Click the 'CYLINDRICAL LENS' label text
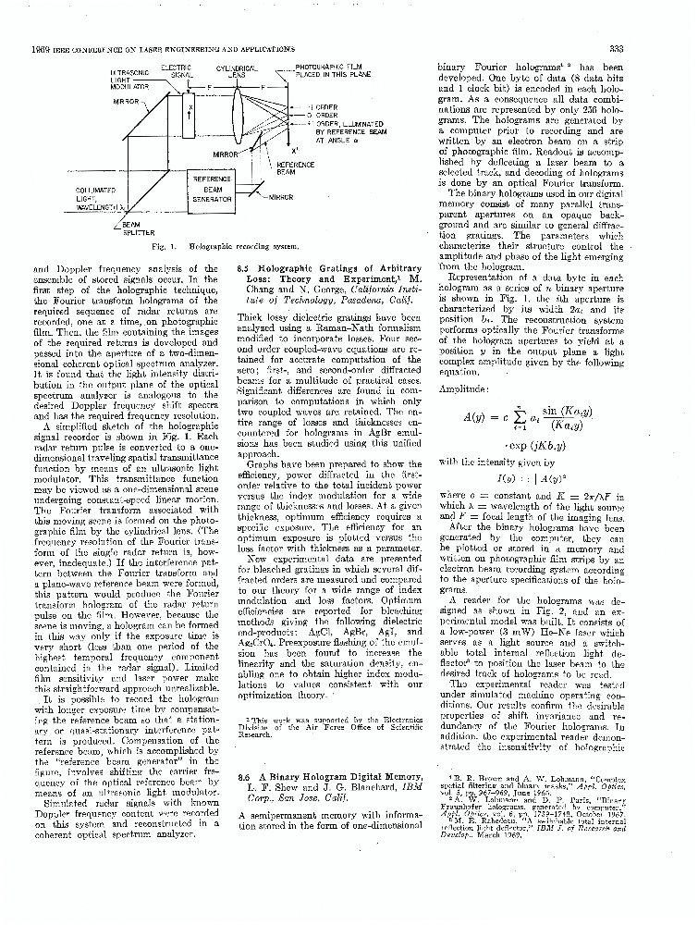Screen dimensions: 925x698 pyautogui.click(x=237, y=71)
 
